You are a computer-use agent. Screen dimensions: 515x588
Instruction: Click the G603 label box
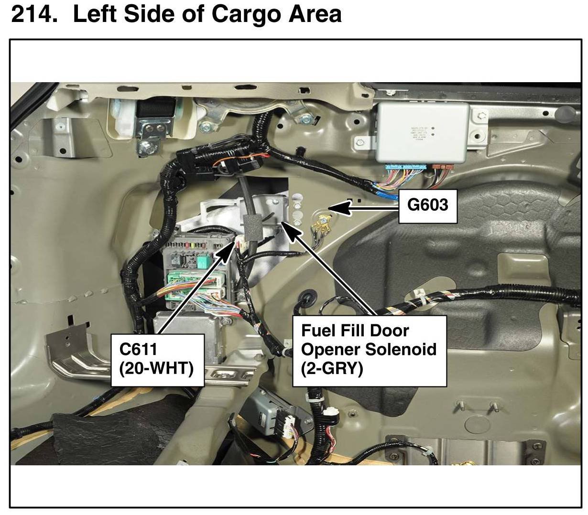coord(428,205)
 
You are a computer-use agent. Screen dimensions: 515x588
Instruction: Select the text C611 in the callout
coord(138,349)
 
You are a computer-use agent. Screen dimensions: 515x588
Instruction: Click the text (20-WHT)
coord(156,368)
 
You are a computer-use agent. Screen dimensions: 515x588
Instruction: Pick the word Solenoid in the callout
coord(401,349)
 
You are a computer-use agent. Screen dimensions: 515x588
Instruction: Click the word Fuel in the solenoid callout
coord(317,331)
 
